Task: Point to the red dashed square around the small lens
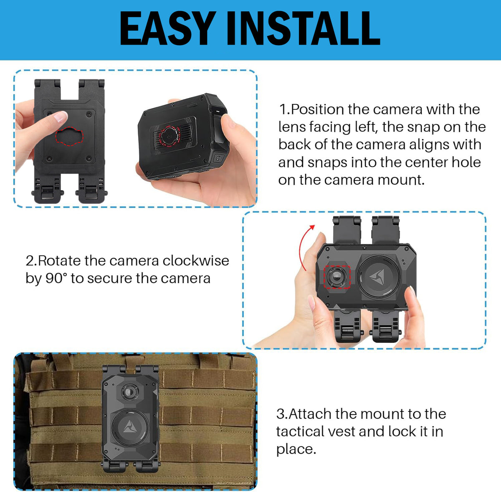click(x=337, y=276)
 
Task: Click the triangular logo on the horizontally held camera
click(x=377, y=278)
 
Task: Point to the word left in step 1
click(x=366, y=127)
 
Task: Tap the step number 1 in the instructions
click(x=283, y=109)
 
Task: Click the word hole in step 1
click(x=466, y=162)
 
